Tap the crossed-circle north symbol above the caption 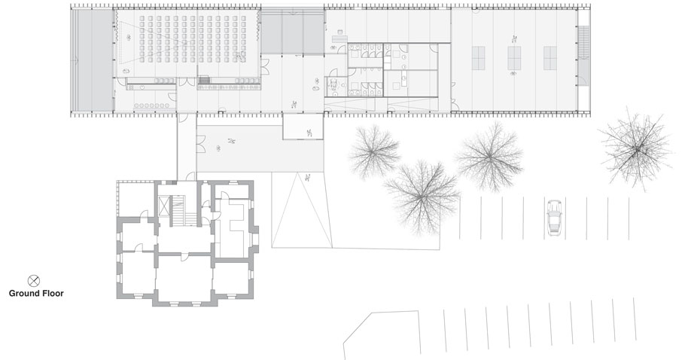coord(34,281)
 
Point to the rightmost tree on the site coord(637,148)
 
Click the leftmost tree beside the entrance coord(374,151)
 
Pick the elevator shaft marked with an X coord(164,206)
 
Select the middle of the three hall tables coord(514,58)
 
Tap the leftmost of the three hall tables coord(478,58)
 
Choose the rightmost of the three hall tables coord(550,58)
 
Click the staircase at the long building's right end coord(583,42)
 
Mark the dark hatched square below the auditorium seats coord(203,80)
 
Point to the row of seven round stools coord(151,105)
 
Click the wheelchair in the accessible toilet coord(335,84)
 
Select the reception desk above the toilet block coord(339,39)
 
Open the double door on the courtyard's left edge coord(201,144)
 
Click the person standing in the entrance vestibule coord(309,133)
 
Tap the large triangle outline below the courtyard coord(302,209)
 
